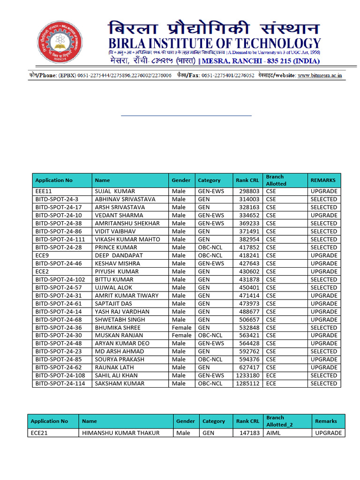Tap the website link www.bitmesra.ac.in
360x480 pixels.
coord(320,75)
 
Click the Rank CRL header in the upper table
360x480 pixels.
coord(247,180)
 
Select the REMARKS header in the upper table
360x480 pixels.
coord(323,180)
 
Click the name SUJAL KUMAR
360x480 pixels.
coord(115,191)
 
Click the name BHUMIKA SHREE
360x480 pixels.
coord(118,328)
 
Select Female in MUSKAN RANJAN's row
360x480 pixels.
coord(181,336)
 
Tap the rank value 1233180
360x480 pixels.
coord(247,375)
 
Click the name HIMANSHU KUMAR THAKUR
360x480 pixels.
coord(120,433)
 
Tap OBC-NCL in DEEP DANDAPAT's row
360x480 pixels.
coord(210,255)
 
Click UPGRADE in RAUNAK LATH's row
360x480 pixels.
coord(323,367)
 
